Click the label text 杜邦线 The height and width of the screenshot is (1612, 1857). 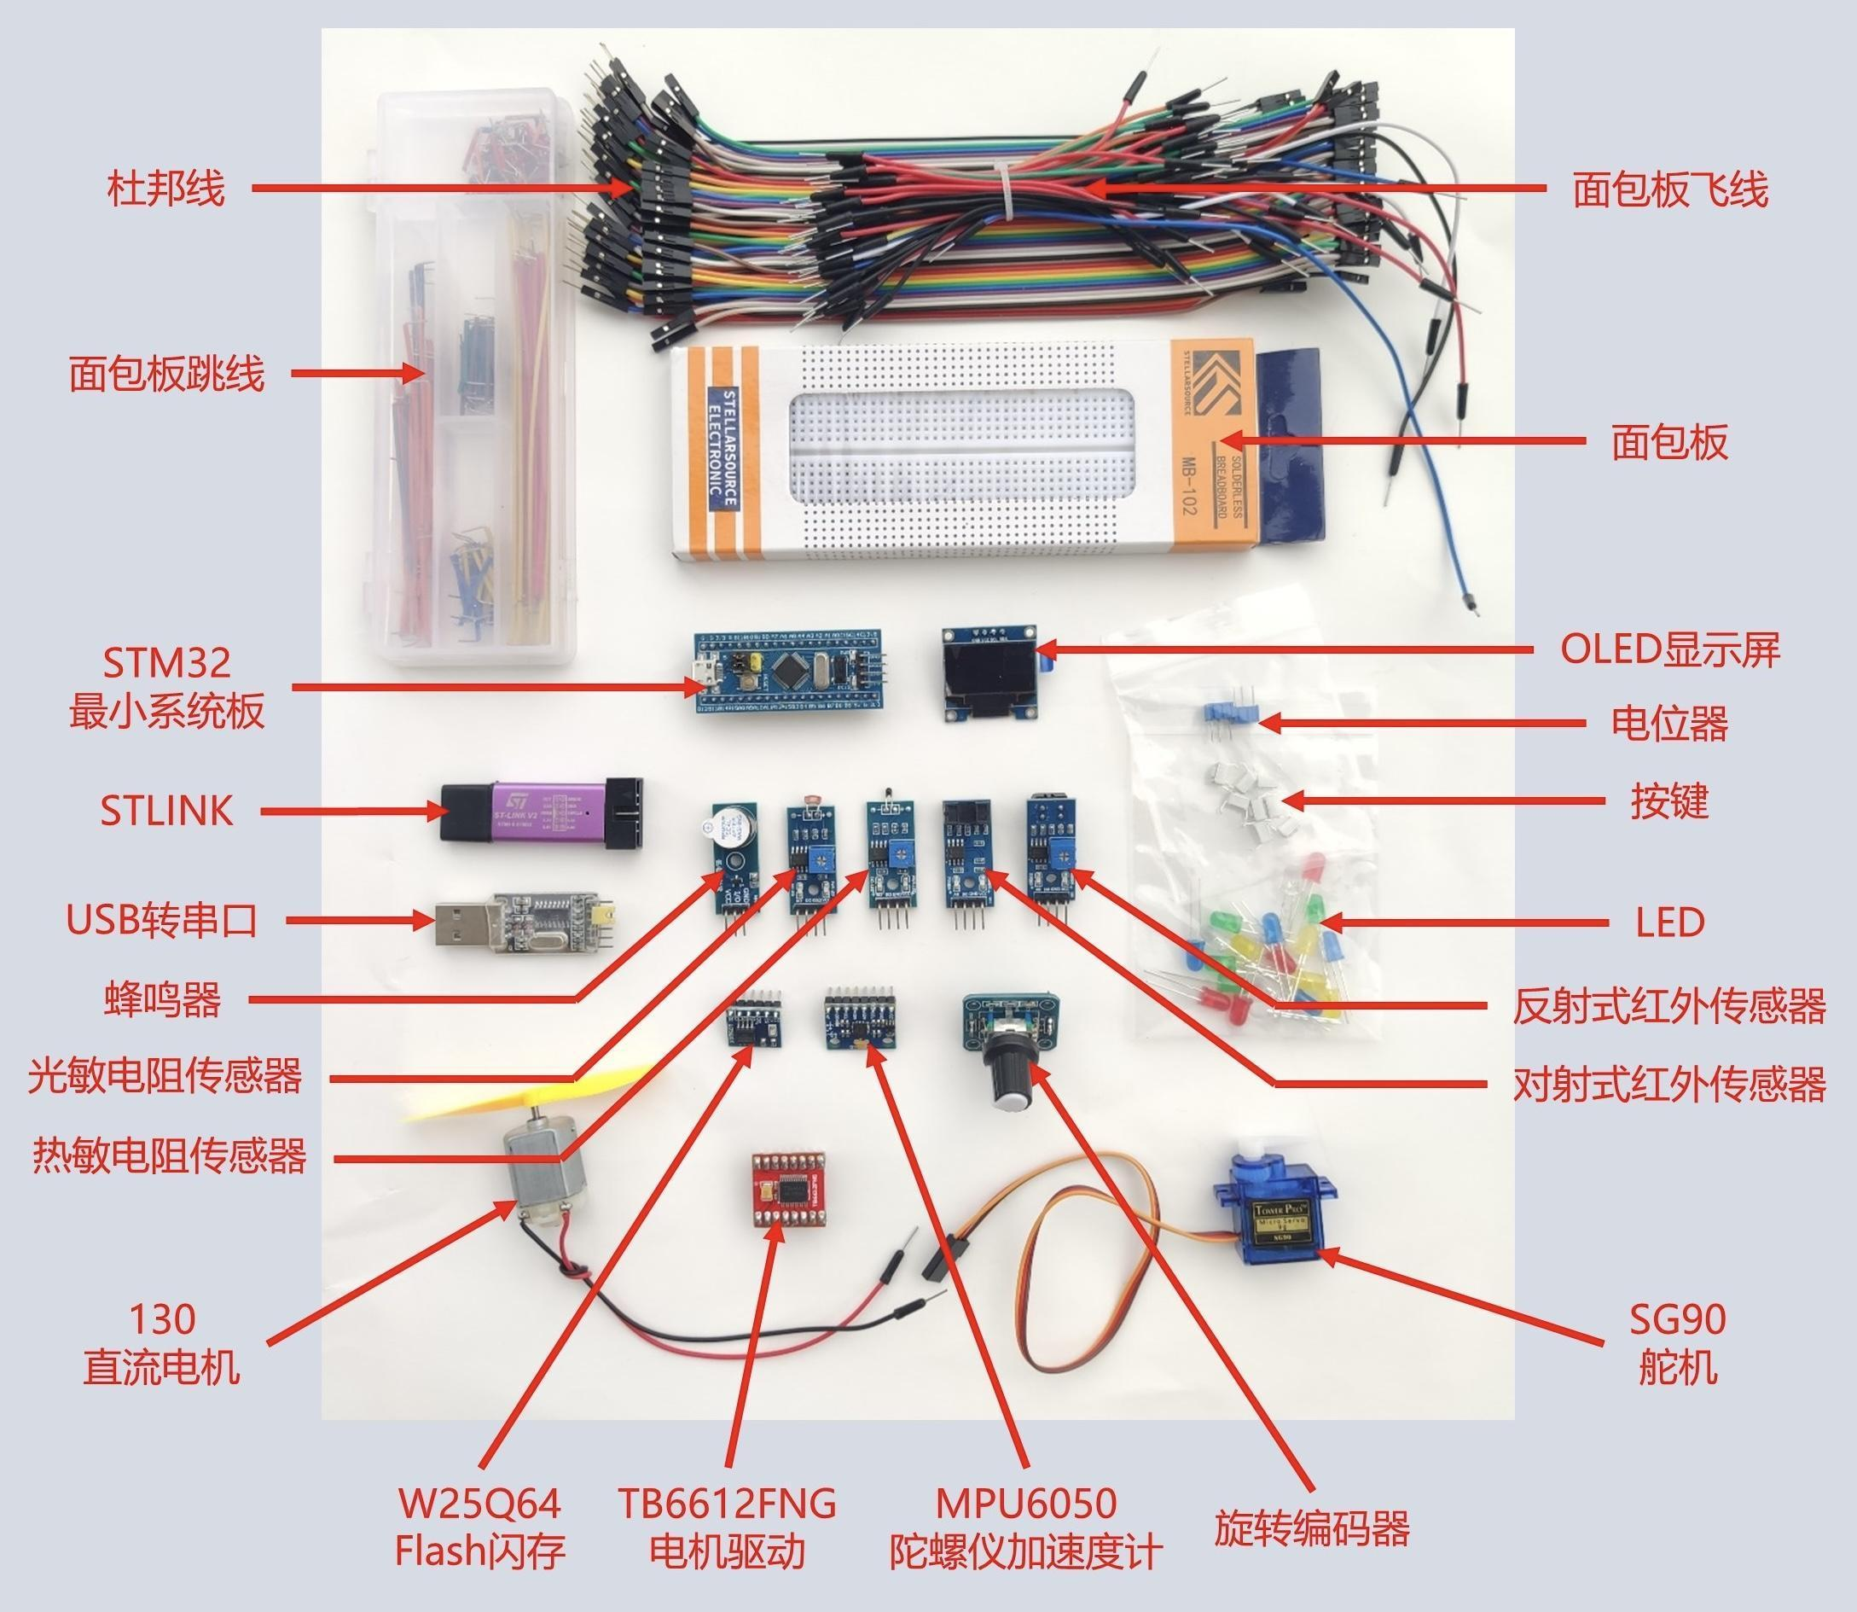(165, 189)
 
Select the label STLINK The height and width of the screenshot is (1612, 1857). (165, 812)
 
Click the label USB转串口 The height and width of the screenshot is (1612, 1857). (163, 920)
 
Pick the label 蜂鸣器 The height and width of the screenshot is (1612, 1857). (163, 999)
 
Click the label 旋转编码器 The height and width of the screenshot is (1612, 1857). (1312, 1526)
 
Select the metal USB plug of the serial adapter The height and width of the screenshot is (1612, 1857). (463, 922)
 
